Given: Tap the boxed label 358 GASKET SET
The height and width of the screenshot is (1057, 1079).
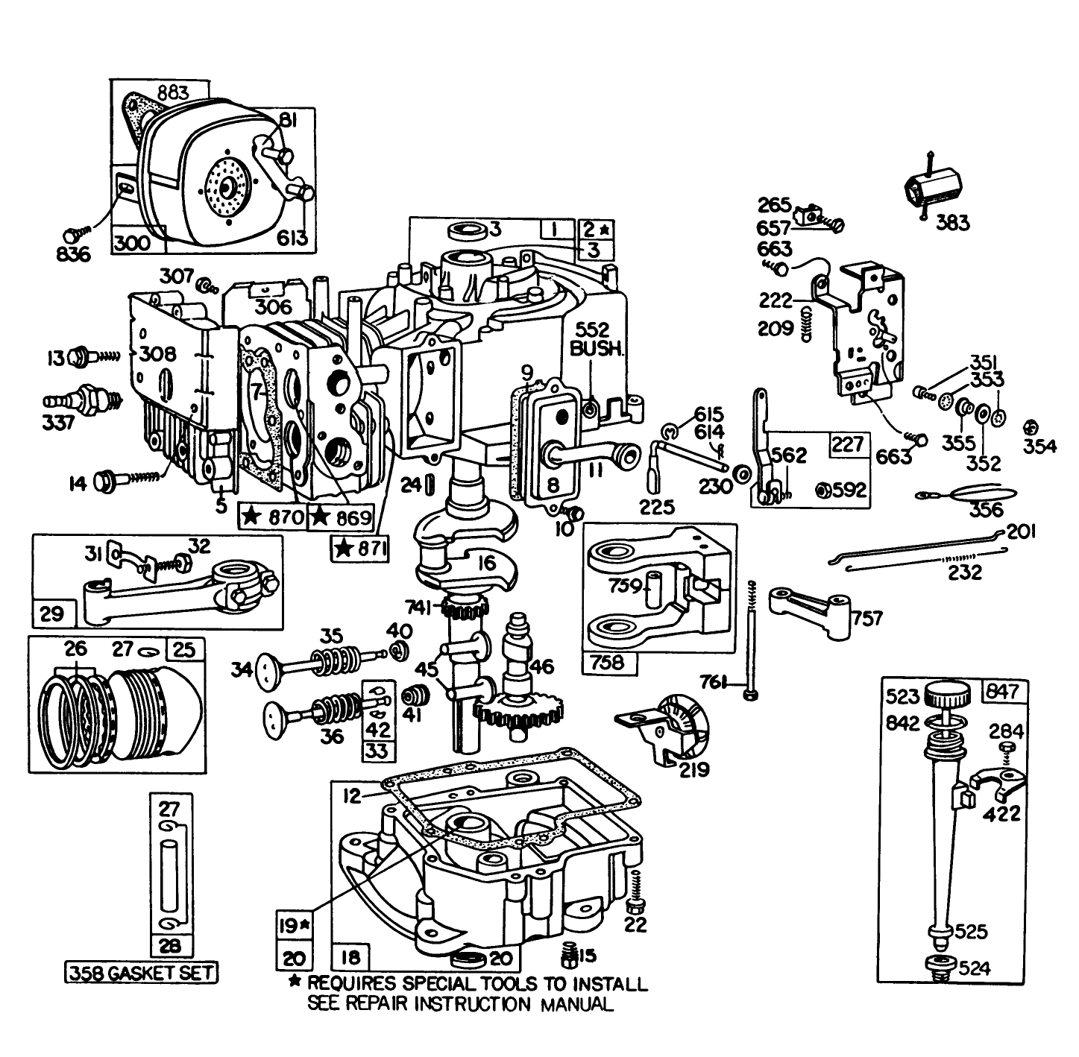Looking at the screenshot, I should point(142,972).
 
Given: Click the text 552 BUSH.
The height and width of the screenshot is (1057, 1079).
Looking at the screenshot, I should point(595,339).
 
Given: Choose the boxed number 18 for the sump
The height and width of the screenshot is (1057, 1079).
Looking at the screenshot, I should point(351,957).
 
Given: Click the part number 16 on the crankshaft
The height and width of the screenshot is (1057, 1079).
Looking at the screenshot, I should point(486,564).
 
